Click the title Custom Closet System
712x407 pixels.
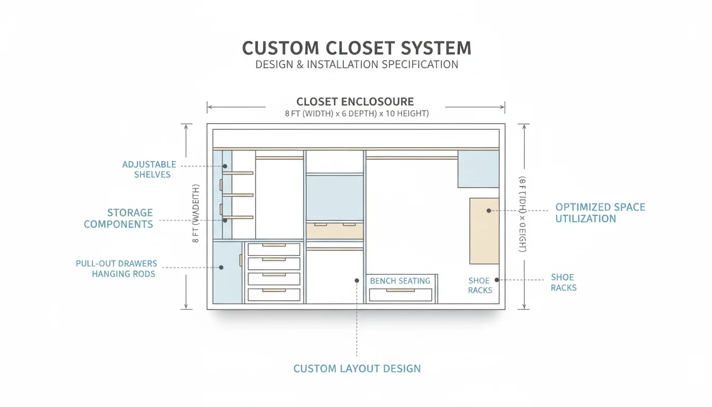coord(356,48)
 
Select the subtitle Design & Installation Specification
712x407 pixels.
coord(356,65)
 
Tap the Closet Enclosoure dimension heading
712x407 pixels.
coord(355,101)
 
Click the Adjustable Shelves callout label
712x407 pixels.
coord(149,170)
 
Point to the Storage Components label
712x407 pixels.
coord(118,218)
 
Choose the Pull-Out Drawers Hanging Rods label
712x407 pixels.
coord(117,269)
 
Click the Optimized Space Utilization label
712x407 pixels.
coord(600,213)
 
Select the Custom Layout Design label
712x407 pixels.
coord(357,368)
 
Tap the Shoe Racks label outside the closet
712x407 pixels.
coord(563,282)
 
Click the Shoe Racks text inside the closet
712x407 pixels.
coord(479,285)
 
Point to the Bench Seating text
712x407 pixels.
coord(400,281)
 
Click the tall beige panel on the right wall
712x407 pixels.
coord(484,231)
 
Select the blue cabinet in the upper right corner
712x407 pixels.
coord(478,169)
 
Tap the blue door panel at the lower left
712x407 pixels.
coord(227,272)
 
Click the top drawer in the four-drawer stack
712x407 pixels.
coord(274,249)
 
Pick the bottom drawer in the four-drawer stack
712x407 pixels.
coord(274,295)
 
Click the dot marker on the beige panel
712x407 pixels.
coord(489,210)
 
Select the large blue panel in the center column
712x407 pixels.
coord(334,197)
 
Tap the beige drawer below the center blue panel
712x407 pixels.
coord(334,231)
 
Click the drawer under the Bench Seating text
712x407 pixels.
coord(400,295)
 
